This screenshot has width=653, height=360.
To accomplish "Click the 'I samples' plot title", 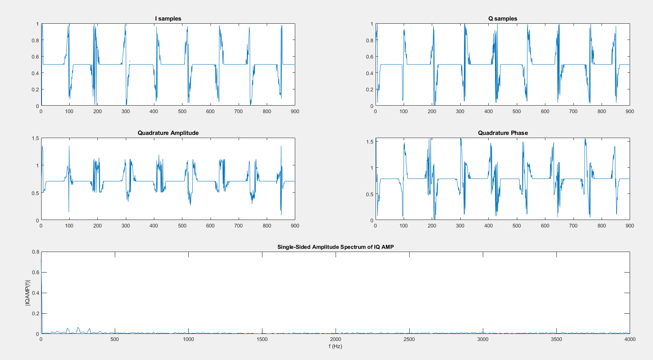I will (x=168, y=19).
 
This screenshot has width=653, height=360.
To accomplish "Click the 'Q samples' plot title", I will (x=503, y=19).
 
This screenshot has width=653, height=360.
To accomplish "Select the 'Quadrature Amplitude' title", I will (x=168, y=133).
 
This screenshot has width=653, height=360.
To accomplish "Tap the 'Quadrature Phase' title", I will (x=503, y=133).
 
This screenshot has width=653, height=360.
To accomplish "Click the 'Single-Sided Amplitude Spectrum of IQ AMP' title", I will (x=335, y=247).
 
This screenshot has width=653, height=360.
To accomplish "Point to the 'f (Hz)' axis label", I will (x=335, y=346).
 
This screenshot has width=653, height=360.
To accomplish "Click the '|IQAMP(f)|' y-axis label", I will (x=28, y=293).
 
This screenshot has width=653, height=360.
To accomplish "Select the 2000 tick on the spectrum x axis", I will (x=335, y=339).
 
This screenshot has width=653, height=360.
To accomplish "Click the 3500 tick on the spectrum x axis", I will (x=556, y=339).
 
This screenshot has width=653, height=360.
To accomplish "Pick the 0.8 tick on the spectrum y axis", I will (x=36, y=252).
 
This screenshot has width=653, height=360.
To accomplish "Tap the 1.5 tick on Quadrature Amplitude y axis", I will (x=36, y=138).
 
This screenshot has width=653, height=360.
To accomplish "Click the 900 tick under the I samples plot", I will (x=295, y=111).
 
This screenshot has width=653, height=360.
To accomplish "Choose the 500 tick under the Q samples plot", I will (x=516, y=111).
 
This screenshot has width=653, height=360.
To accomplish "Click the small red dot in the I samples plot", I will (x=129, y=61).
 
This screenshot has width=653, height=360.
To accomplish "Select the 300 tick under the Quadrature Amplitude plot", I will (x=125, y=225).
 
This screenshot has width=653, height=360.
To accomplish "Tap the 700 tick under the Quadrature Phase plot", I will (x=573, y=225).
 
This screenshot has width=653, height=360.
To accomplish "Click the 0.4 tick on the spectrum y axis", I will (x=36, y=293).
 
